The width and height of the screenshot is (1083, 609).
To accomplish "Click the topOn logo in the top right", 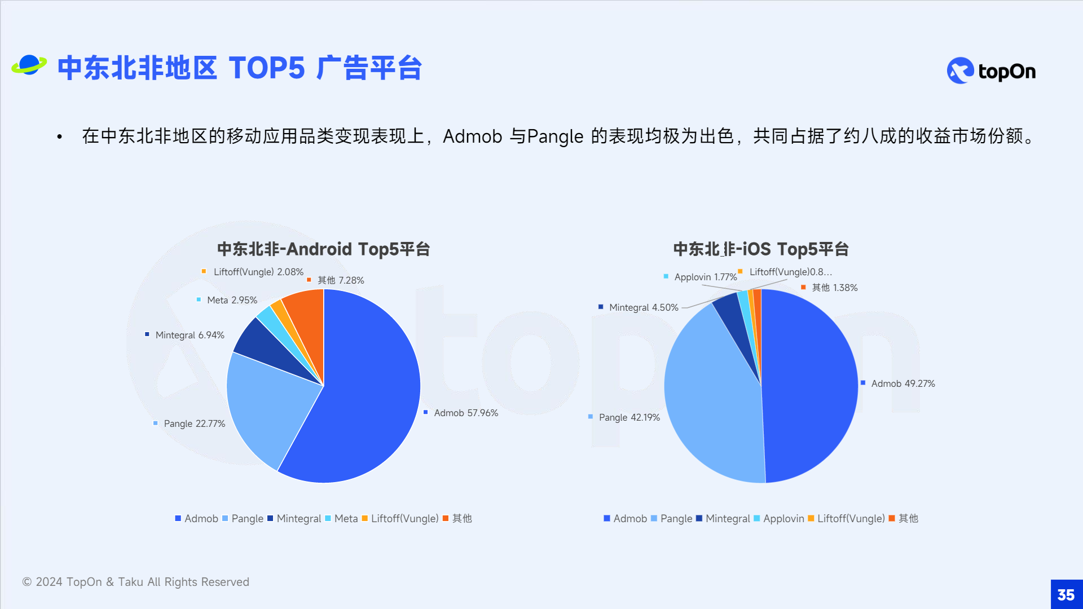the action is [991, 71].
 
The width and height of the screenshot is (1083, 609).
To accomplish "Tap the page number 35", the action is [1066, 595].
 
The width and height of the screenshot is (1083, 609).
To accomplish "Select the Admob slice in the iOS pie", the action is [809, 386].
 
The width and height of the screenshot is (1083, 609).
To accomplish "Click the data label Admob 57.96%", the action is [466, 413].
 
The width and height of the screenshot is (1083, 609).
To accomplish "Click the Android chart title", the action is [324, 249].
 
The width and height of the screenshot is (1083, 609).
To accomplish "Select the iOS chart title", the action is [761, 249].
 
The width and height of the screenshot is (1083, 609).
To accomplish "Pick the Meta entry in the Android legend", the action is [341, 518].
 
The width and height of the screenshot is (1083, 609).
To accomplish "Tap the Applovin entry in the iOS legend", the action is [779, 518].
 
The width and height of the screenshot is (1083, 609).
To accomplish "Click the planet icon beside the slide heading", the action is [29, 65].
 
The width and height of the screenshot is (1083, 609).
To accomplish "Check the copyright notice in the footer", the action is [135, 582].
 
